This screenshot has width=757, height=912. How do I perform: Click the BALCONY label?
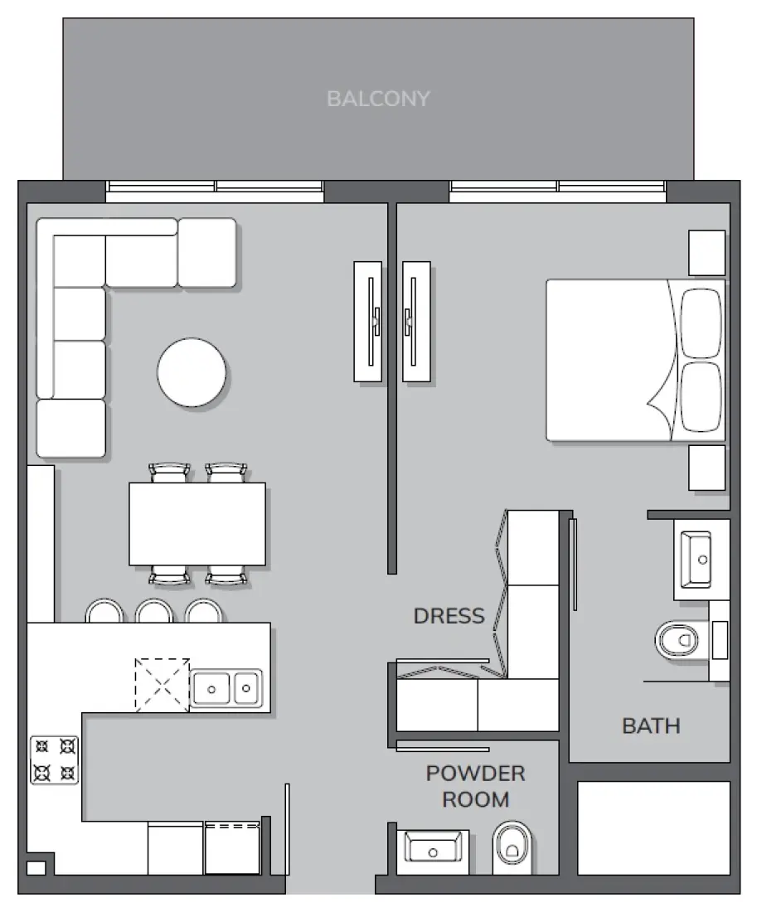pyautogui.click(x=378, y=99)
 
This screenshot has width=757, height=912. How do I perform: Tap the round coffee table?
pyautogui.click(x=192, y=372)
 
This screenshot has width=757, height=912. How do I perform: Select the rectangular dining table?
pyautogui.click(x=197, y=524)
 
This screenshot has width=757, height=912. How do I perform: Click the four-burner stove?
pyautogui.click(x=55, y=760)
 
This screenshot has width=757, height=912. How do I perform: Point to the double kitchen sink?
pyautogui.click(x=226, y=688)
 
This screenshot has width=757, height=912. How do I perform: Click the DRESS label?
pyautogui.click(x=449, y=616)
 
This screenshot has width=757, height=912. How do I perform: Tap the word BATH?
pyautogui.click(x=651, y=726)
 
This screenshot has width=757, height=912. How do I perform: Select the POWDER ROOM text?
pyautogui.click(x=475, y=786)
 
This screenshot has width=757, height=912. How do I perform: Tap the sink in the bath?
pyautogui.click(x=696, y=559)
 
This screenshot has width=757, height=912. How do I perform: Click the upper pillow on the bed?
pyautogui.click(x=701, y=323)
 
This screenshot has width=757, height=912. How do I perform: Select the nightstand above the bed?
pyautogui.click(x=706, y=253)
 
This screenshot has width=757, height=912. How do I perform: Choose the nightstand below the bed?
pyautogui.click(x=706, y=468)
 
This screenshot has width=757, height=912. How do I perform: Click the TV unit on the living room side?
pyautogui.click(x=368, y=322)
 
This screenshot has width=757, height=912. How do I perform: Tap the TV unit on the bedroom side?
pyautogui.click(x=416, y=322)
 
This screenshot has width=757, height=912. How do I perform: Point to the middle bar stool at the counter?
pyautogui.click(x=153, y=612)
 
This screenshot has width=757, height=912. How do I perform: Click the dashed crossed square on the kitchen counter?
pyautogui.click(x=163, y=685)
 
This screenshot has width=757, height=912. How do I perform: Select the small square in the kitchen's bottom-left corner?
pyautogui.click(x=36, y=868)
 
